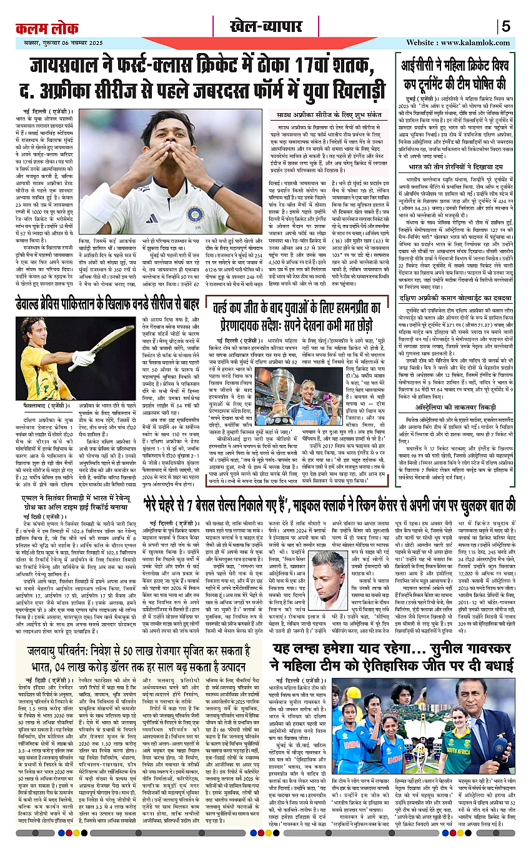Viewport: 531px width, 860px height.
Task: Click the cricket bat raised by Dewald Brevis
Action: [x=113, y=337]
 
